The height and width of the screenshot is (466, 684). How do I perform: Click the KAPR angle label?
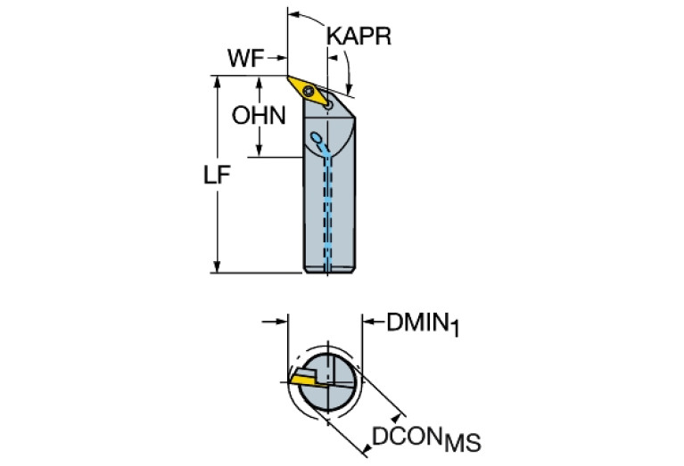click(x=359, y=35)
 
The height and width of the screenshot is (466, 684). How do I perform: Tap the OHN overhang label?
click(x=258, y=115)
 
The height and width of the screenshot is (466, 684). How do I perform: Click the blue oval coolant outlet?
click(x=317, y=139)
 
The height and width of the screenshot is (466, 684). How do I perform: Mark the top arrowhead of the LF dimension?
click(x=218, y=81)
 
